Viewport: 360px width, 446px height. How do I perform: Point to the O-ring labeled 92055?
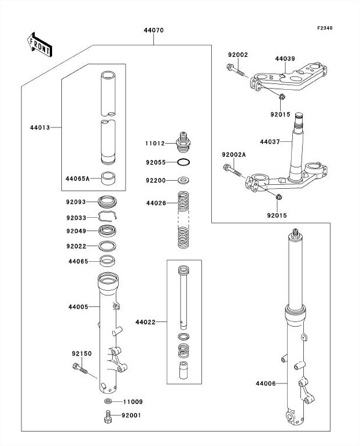[x=185, y=163]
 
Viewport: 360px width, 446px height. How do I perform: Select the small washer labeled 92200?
[x=185, y=181]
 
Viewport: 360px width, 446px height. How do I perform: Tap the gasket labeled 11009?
[x=108, y=401]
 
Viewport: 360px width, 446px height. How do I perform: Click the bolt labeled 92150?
[x=79, y=368]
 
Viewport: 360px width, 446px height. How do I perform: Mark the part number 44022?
[x=146, y=321]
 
